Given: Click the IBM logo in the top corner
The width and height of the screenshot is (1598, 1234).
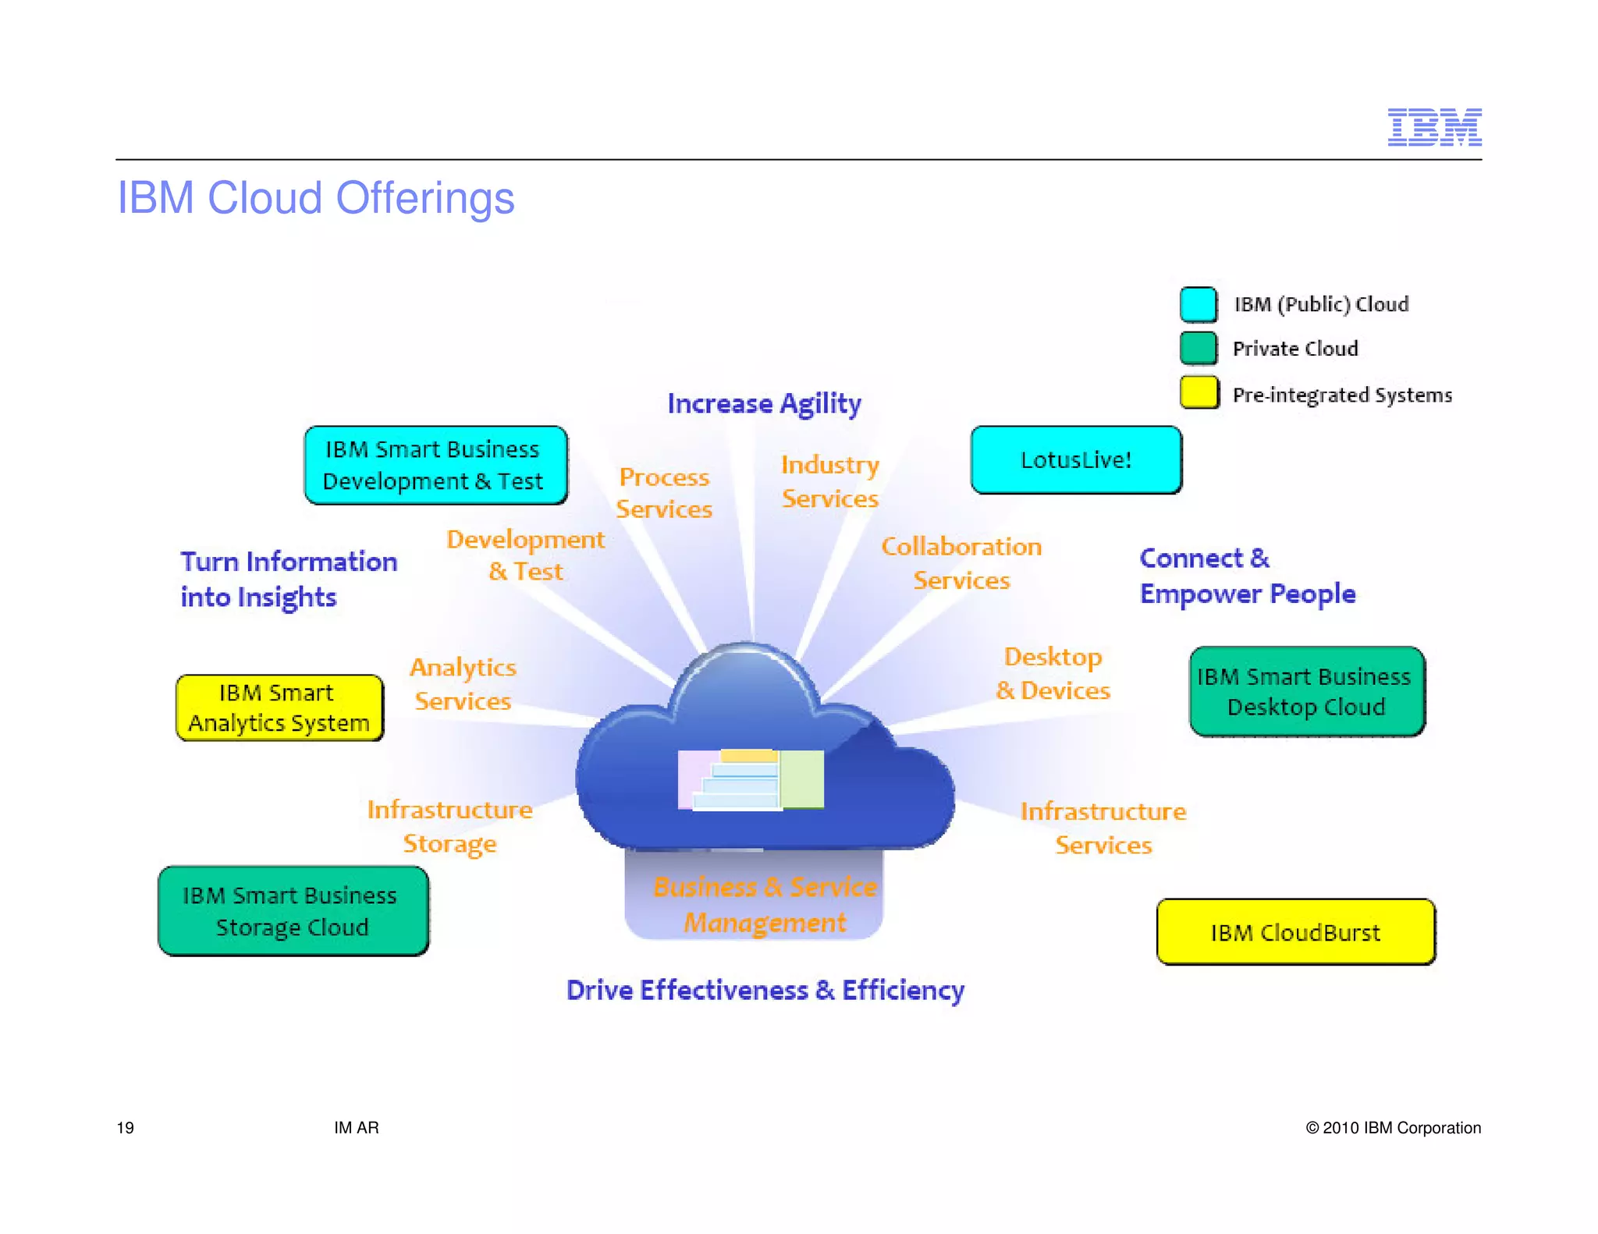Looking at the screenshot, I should [1434, 127].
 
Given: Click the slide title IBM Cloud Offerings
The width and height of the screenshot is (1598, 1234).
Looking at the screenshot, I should [315, 198].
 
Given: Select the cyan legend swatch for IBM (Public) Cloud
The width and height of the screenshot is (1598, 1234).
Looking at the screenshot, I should [1198, 304].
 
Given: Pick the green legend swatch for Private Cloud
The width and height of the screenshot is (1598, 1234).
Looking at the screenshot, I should [1198, 348].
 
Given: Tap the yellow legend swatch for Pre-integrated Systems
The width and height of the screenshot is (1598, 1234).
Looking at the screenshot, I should [1198, 392].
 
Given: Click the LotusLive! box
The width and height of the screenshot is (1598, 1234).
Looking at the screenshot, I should [1076, 459].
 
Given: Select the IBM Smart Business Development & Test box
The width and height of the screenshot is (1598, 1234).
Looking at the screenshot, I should [435, 465].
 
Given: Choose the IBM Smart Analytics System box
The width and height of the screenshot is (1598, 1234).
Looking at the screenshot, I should [279, 707].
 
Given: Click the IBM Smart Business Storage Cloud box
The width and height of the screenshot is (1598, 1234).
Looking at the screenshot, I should [293, 910].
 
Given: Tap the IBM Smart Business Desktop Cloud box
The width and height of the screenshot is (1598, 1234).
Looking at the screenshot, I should [1306, 691].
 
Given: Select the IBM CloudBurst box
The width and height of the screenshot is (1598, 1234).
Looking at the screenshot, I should [1295, 932].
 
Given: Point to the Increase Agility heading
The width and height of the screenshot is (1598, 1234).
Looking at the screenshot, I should [764, 404].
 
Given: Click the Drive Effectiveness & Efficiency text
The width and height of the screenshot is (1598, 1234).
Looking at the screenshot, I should [765, 990].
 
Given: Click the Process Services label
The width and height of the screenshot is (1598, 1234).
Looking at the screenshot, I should [664, 493].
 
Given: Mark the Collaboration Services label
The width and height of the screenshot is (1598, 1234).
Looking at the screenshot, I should [961, 563].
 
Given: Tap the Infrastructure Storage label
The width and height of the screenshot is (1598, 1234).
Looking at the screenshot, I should [450, 827].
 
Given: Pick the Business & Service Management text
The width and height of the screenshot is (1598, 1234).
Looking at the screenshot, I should [765, 905].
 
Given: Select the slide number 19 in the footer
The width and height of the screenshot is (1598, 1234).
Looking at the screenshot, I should [125, 1128].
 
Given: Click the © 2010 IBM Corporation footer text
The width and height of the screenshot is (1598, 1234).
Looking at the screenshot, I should [1393, 1128].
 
